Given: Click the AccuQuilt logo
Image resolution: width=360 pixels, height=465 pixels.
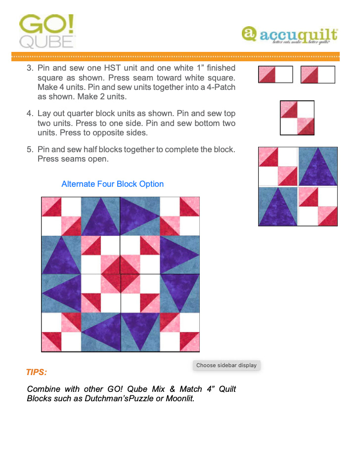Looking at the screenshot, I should [x=290, y=35].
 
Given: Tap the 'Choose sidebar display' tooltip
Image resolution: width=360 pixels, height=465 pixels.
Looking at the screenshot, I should [x=226, y=365].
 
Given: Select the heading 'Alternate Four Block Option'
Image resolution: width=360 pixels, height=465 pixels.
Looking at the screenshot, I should [x=112, y=184].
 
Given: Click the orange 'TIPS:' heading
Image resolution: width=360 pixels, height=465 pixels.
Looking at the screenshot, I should [x=37, y=372].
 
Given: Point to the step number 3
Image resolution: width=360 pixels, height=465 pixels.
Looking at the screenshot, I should [x=29, y=68].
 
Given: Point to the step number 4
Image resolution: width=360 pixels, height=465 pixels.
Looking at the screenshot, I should [x=29, y=114].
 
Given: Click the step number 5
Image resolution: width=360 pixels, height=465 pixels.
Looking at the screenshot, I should [x=29, y=149].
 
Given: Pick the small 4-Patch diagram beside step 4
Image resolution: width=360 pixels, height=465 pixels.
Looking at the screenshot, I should [x=297, y=118].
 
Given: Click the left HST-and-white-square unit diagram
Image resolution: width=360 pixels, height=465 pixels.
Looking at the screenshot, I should [x=275, y=75].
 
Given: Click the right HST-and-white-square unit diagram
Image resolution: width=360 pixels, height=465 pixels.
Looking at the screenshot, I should [x=317, y=75].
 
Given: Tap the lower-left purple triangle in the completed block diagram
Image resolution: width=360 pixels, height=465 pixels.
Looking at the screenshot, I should [x=278, y=208].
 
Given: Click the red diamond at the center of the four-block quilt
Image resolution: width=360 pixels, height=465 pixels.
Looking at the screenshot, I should [x=120, y=274].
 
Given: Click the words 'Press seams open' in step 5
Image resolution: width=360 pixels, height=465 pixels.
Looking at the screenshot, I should [x=73, y=160].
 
